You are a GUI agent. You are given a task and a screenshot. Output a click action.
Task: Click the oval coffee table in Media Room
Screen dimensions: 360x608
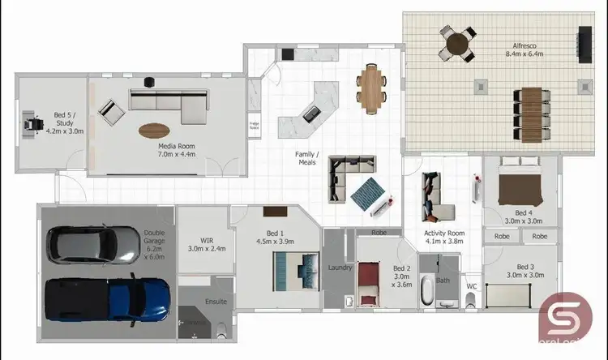(x=155, y=130)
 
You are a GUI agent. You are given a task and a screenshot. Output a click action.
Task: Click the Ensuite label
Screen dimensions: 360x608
(x=216, y=302)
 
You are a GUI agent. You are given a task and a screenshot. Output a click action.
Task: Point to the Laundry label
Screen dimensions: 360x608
(x=339, y=267)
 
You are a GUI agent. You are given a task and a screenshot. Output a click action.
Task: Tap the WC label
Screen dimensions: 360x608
(x=472, y=285)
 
